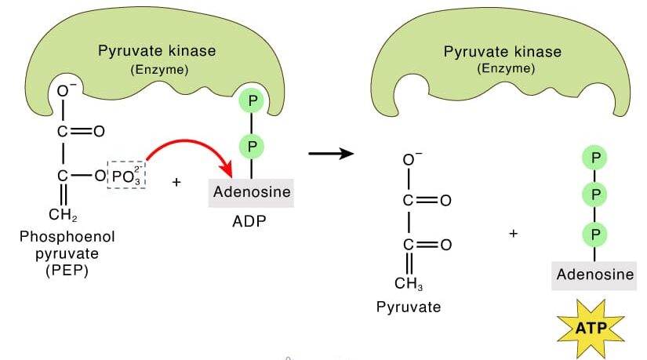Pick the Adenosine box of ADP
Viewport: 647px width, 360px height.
251,192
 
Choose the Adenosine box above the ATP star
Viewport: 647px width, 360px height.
594,275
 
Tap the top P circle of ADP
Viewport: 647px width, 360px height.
252,103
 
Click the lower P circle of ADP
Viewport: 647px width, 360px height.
252,146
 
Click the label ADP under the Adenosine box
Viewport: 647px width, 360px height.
249,221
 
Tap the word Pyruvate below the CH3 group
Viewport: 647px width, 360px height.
408,307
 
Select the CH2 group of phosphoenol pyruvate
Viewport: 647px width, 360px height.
63,215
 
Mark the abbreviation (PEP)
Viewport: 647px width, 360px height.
62,271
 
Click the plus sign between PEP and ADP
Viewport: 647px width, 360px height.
176,182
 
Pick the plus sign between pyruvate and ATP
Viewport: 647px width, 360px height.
514,233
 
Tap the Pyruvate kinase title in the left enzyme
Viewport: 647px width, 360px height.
157,52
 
